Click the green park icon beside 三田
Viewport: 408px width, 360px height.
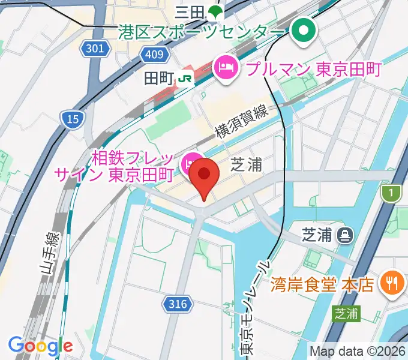click(x=214, y=11)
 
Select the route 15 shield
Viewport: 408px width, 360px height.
click(x=73, y=120)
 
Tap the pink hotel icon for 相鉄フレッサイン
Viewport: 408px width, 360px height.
click(x=189, y=161)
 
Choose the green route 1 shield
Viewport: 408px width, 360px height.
click(x=391, y=193)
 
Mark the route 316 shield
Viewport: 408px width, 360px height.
click(x=178, y=304)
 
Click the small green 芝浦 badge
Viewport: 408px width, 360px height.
click(x=347, y=313)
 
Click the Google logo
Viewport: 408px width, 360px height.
click(x=40, y=346)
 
